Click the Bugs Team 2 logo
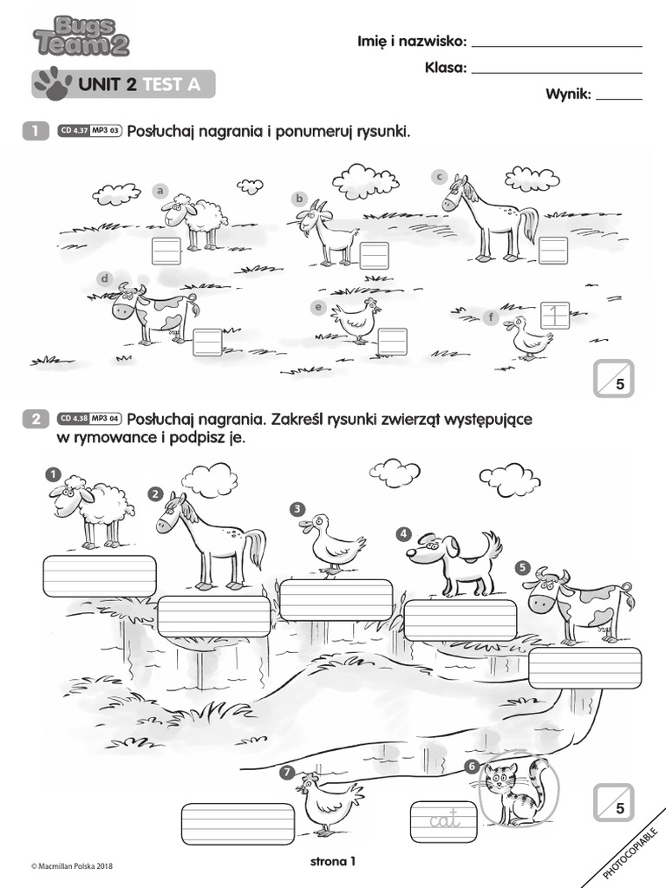pyautogui.click(x=82, y=37)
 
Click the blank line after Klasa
pyautogui.click(x=557, y=73)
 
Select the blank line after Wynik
pyautogui.click(x=619, y=99)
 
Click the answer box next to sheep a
pyautogui.click(x=166, y=251)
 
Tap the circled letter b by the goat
pyautogui.click(x=299, y=199)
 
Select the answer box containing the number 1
pyautogui.click(x=555, y=316)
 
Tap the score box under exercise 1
pyautogui.click(x=614, y=378)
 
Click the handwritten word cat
pyautogui.click(x=445, y=819)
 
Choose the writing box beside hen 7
pyautogui.click(x=238, y=825)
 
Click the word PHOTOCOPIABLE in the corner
pyautogui.click(x=630, y=853)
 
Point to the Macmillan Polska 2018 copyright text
pyautogui.click(x=72, y=865)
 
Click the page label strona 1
pyautogui.click(x=333, y=861)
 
